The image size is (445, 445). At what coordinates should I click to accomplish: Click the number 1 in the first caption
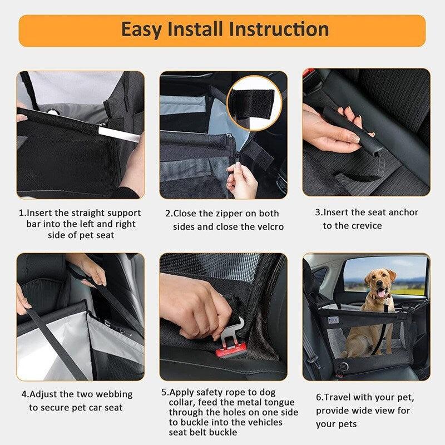(22, 213)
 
